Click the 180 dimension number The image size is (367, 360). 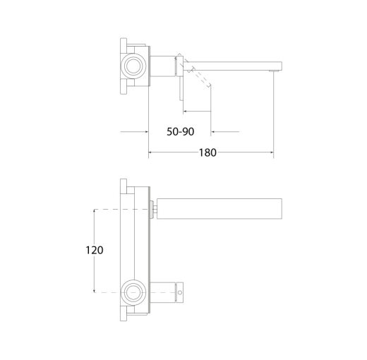(x=207, y=152)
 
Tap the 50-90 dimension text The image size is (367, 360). (x=181, y=131)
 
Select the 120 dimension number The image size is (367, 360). (x=94, y=250)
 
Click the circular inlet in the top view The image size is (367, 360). (x=133, y=66)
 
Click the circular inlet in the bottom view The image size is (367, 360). (x=133, y=292)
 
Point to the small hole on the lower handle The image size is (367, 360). (x=180, y=292)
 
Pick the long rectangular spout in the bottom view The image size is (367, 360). (x=219, y=209)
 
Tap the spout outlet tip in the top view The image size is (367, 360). (x=274, y=71)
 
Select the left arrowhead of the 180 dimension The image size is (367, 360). (x=150, y=152)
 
